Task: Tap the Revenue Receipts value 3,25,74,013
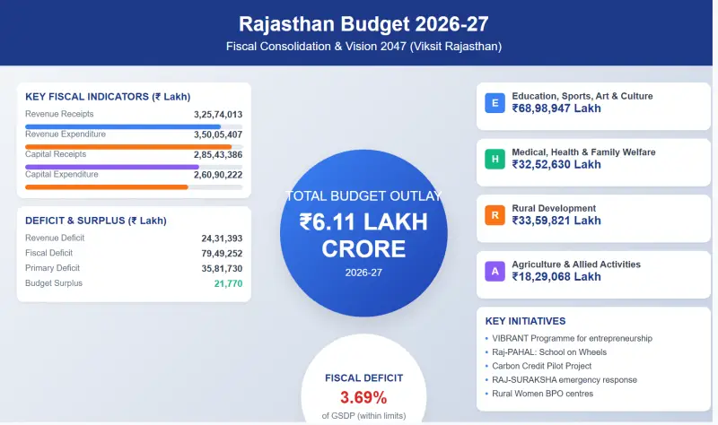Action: pos(218,115)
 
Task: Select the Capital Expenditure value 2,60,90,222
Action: pos(218,175)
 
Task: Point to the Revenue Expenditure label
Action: pos(66,134)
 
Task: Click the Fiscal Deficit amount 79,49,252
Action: pos(222,254)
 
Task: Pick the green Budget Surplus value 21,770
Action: pos(228,283)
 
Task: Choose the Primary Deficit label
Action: pos(53,268)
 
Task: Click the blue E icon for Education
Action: pos(494,103)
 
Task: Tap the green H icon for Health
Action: pos(494,160)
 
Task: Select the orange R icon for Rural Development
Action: pos(494,215)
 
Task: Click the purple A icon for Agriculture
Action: pos(494,272)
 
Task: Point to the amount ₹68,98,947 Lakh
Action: pos(556,108)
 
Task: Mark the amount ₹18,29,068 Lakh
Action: pos(556,277)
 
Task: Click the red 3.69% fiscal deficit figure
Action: pos(363,397)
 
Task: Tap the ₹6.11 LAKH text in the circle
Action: pos(363,221)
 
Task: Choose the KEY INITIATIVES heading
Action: pos(525,321)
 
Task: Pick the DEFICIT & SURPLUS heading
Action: pos(96,221)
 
